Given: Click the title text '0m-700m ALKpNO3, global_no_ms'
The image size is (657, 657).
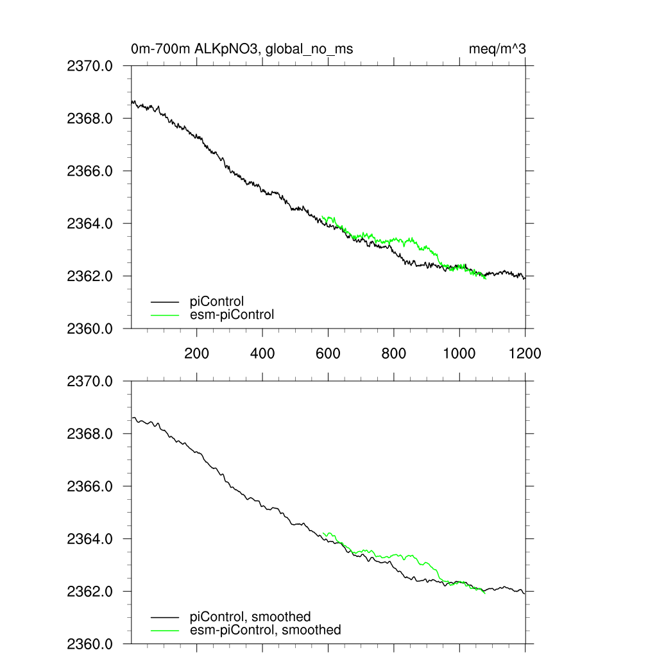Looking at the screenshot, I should click(x=242, y=49).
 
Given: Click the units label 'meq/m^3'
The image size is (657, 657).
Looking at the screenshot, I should click(x=498, y=49).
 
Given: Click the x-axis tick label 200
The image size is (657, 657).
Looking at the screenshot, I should click(x=196, y=353).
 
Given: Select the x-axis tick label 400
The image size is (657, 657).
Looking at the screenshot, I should click(x=262, y=353).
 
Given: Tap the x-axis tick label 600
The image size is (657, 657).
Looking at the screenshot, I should click(x=328, y=353).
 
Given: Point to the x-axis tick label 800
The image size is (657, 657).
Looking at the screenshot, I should click(x=394, y=353).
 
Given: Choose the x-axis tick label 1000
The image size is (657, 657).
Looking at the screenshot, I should click(x=459, y=353).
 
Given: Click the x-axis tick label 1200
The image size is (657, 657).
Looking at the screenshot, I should click(x=525, y=353).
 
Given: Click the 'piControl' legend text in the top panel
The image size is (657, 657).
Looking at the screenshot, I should click(x=217, y=301).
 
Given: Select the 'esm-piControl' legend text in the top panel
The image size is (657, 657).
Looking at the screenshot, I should click(x=232, y=314).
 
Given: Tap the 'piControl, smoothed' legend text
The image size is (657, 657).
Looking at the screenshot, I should click(x=250, y=617).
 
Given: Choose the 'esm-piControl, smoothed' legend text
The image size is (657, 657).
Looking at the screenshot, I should click(x=265, y=630).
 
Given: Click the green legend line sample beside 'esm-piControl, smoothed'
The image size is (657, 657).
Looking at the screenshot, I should click(x=165, y=630).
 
